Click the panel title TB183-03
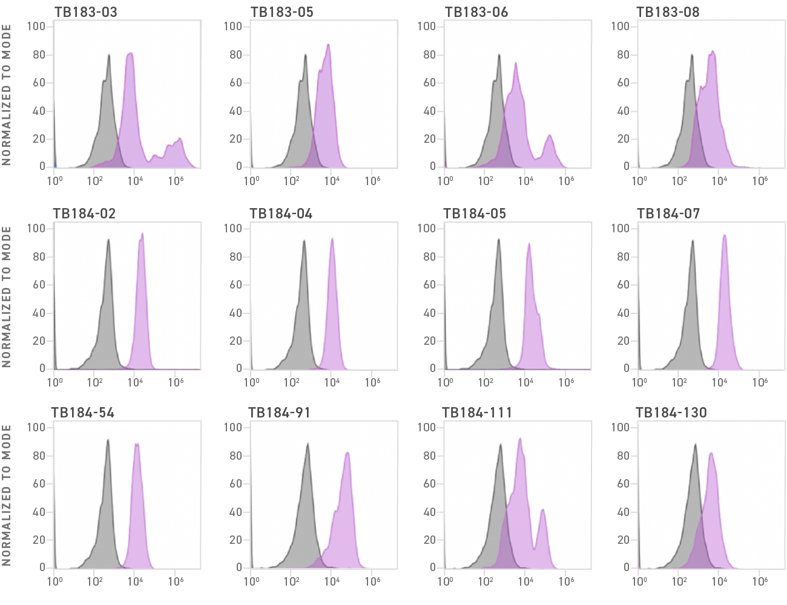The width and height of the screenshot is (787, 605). [86, 12]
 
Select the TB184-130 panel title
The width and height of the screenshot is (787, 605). [671, 413]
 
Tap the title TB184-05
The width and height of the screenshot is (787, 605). [475, 214]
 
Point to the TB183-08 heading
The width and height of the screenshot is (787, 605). [668, 12]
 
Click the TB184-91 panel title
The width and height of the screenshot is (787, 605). [280, 413]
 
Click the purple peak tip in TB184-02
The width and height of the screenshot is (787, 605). [142, 234]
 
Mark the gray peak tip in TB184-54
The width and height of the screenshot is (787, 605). [108, 440]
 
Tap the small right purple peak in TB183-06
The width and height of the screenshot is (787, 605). [550, 136]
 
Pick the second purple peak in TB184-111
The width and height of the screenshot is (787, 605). [543, 510]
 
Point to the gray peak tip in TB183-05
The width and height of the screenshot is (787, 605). [306, 55]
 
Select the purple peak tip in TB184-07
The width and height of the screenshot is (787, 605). [724, 235]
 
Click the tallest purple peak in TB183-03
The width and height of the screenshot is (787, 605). [130, 54]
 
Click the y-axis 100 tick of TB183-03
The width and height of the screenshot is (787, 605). [36, 26]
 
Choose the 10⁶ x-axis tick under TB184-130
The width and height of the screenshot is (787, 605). [760, 581]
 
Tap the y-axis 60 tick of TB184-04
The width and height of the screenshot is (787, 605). [235, 284]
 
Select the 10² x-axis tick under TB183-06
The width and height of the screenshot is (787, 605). [486, 180]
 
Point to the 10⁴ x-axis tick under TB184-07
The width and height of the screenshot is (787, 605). [719, 382]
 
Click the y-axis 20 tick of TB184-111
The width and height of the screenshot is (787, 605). [429, 540]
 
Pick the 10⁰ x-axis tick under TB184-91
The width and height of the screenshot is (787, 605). [251, 581]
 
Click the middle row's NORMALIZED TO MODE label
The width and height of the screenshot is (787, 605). [7, 296]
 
